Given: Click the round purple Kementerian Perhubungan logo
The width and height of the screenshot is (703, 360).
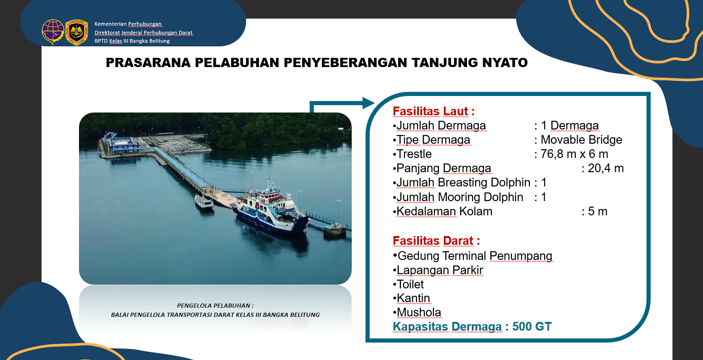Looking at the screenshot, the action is pyautogui.click(x=53, y=32).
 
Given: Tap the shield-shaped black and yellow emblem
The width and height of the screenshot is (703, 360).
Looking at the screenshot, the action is pyautogui.click(x=76, y=32).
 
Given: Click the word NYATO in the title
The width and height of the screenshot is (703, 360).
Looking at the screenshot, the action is pyautogui.click(x=505, y=63).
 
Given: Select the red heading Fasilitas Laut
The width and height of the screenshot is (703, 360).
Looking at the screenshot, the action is pyautogui.click(x=433, y=112).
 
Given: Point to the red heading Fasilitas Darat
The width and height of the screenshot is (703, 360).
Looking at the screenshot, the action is pyautogui.click(x=436, y=241).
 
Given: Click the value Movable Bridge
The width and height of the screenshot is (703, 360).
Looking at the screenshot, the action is pyautogui.click(x=581, y=140).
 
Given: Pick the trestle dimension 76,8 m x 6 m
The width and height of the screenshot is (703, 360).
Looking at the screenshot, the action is pyautogui.click(x=574, y=154).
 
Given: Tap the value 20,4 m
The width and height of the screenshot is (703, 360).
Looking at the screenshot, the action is pyautogui.click(x=606, y=168).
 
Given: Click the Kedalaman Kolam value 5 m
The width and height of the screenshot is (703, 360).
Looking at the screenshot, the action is pyautogui.click(x=597, y=212).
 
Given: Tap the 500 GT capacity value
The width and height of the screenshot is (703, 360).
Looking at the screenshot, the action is pyautogui.click(x=532, y=327).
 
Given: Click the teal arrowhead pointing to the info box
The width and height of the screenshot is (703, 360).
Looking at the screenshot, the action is pyautogui.click(x=368, y=103).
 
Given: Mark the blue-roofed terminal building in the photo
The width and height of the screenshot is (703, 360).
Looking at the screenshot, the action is pyautogui.click(x=123, y=144).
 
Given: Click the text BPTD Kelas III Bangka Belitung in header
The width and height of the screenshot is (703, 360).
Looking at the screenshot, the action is pyautogui.click(x=132, y=41).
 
